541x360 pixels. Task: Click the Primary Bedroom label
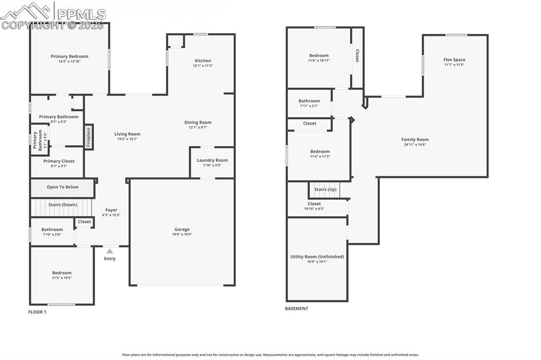click(69, 56)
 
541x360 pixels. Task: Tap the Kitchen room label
click(202, 61)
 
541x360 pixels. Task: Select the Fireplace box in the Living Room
click(89, 137)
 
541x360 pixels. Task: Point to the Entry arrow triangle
click(109, 251)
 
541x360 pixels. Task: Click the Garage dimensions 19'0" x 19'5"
click(182, 234)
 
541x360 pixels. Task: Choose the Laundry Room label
click(212, 160)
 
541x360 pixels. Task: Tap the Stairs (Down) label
click(62, 204)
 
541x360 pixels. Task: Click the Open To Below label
click(62, 187)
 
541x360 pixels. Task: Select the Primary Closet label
click(59, 161)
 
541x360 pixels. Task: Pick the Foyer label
click(111, 210)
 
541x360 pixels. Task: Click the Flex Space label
click(454, 60)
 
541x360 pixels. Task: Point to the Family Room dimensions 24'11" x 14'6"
click(415, 145)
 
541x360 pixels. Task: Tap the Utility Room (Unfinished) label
click(316, 257)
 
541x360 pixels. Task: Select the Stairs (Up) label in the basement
click(325, 190)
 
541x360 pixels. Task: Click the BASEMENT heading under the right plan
click(296, 309)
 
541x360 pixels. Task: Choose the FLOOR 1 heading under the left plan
click(37, 312)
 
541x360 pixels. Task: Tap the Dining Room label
click(198, 122)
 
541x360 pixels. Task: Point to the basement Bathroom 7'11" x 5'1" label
click(309, 101)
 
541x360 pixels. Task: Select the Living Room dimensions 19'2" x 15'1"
click(127, 139)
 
